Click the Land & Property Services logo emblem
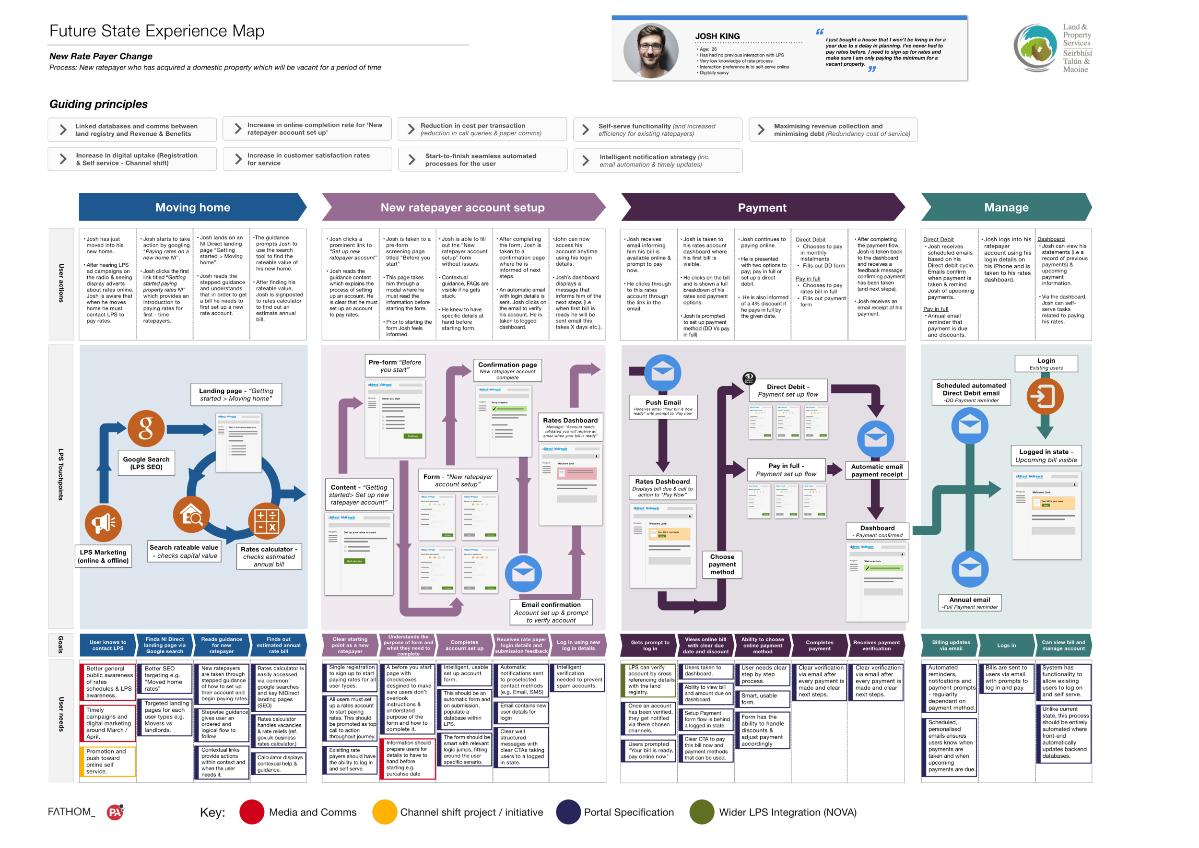[1035, 47]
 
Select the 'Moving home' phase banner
[192, 207]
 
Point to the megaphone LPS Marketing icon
[104, 523]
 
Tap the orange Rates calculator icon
[266, 520]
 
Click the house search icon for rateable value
[191, 514]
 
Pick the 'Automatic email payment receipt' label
[877, 471]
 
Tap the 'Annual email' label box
[970, 603]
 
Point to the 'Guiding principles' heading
[99, 104]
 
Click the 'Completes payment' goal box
[819, 646]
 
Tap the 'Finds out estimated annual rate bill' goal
[278, 646]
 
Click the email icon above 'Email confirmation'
[523, 573]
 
